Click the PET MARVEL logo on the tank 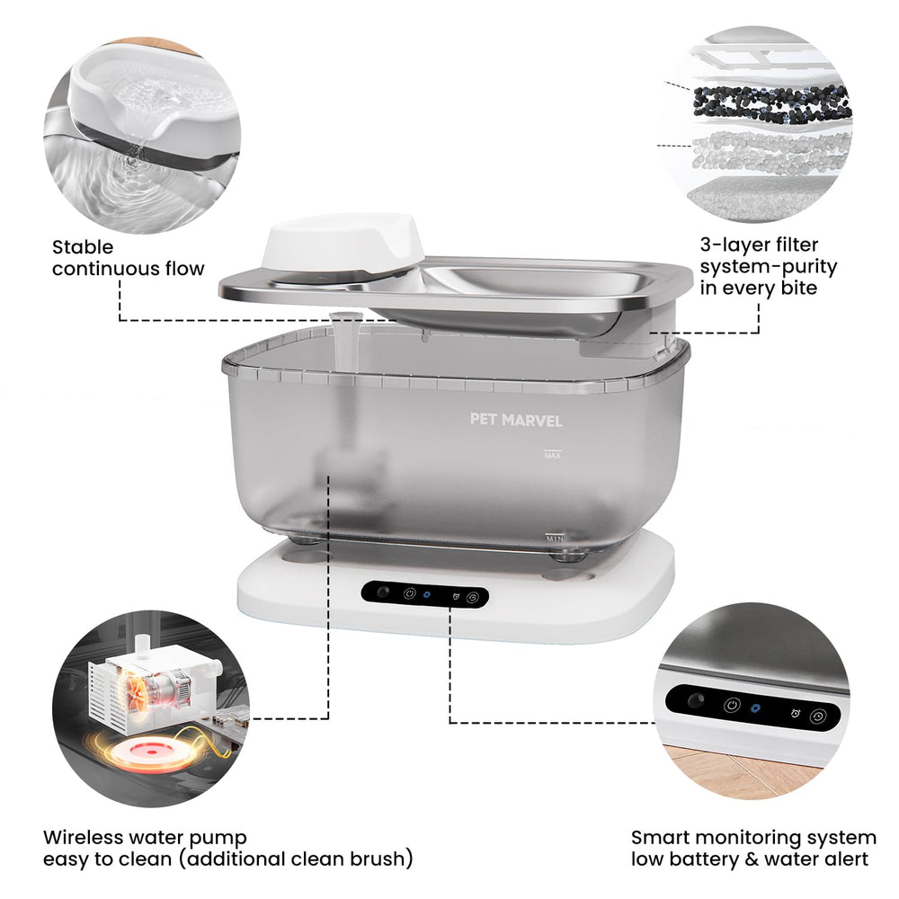515,420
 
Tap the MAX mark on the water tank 552,455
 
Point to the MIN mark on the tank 555,539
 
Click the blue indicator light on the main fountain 426,594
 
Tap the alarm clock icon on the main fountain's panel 456,596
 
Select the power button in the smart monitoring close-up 732,705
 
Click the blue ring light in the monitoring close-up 756,708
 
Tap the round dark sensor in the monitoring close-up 696,700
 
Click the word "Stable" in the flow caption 83,247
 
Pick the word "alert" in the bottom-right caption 846,859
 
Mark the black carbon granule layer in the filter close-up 770,104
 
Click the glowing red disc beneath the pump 151,752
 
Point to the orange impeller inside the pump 138,694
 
